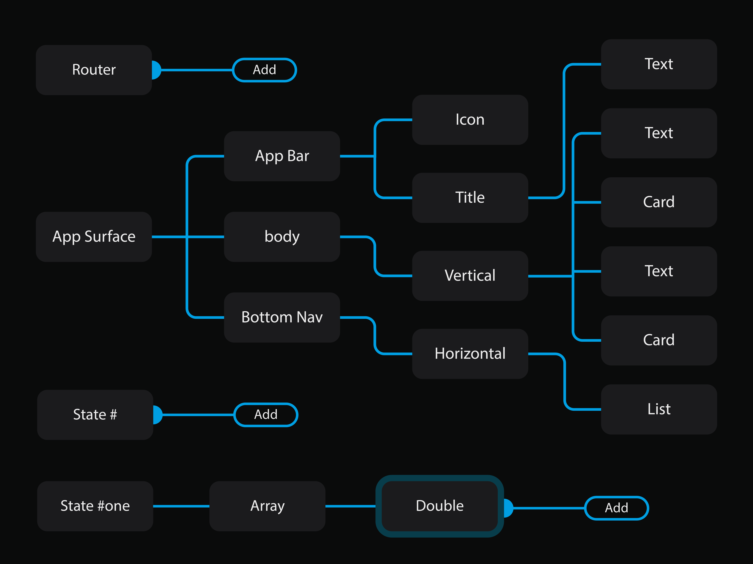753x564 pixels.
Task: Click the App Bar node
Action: coord(282,156)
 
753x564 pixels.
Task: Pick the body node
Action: coord(282,237)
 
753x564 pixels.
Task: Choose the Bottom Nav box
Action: coord(282,317)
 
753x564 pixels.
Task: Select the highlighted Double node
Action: coord(439,506)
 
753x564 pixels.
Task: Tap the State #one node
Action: coord(95,506)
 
